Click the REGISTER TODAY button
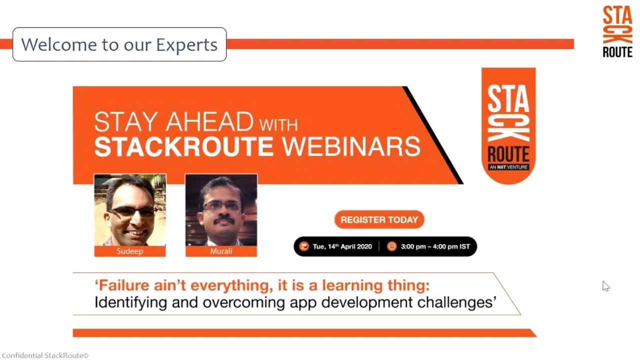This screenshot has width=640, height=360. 379,219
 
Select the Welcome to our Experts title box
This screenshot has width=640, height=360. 119,44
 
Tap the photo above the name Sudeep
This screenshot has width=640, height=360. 130,210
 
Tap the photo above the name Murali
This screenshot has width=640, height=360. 221,210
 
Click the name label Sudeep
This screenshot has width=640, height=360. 130,251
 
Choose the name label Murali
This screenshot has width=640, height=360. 221,251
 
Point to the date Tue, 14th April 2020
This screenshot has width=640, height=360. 342,246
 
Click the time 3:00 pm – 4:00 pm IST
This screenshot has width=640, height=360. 435,246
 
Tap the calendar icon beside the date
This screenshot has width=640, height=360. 303,246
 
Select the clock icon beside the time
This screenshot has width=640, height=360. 391,246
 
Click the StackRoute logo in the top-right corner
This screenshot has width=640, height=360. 617,31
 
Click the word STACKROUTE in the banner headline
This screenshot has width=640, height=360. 183,146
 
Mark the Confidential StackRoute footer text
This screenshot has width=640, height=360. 45,355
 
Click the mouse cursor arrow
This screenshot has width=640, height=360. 605,285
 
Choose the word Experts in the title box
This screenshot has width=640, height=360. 186,44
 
